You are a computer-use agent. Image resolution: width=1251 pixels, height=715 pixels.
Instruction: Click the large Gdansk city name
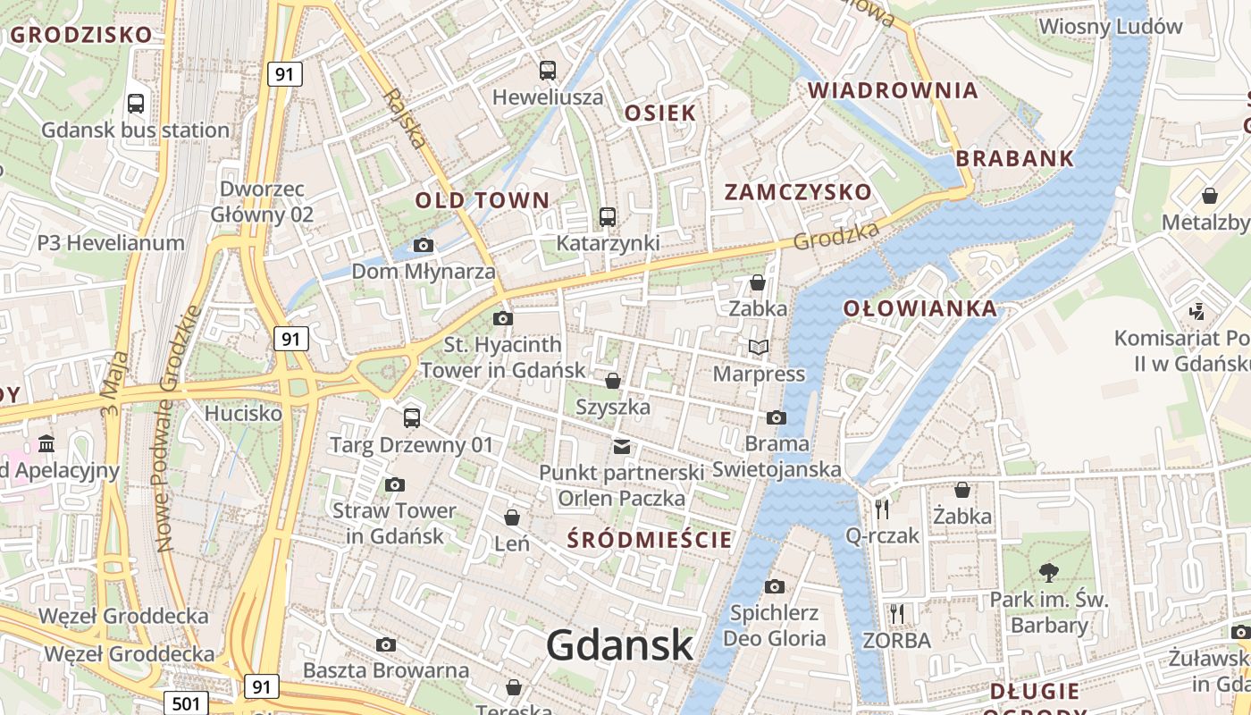click(x=619, y=645)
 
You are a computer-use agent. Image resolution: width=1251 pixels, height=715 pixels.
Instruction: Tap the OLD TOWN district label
click(x=482, y=200)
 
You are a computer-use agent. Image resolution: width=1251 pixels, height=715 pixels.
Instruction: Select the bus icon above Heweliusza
click(x=548, y=70)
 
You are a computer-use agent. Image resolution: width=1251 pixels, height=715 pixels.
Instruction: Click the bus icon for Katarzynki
click(x=608, y=216)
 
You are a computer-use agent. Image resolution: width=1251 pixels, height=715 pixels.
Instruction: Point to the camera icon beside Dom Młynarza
click(x=424, y=245)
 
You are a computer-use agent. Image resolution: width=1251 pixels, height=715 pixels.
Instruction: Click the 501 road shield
click(x=186, y=703)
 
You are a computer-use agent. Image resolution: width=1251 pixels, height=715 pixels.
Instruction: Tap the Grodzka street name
click(x=836, y=234)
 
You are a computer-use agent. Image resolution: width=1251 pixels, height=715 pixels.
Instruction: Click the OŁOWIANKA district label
click(x=920, y=309)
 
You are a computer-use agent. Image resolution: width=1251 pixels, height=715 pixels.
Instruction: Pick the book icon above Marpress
click(x=759, y=347)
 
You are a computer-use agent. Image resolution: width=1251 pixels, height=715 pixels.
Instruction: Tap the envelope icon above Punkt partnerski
click(x=621, y=446)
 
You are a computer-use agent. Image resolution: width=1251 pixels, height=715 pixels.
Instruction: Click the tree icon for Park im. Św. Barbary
click(x=1049, y=572)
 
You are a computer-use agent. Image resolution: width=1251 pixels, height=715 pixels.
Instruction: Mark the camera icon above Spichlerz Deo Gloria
click(x=775, y=586)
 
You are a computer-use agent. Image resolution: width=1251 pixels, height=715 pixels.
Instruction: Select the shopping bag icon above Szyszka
click(x=613, y=381)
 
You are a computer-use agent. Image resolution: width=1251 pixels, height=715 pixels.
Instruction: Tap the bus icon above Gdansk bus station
click(x=136, y=104)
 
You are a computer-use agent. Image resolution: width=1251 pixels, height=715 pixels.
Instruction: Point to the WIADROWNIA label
click(x=893, y=90)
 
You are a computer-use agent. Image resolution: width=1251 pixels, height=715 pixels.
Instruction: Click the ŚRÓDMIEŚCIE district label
click(x=651, y=540)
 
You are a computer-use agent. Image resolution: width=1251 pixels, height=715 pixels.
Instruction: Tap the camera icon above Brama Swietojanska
click(x=777, y=417)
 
